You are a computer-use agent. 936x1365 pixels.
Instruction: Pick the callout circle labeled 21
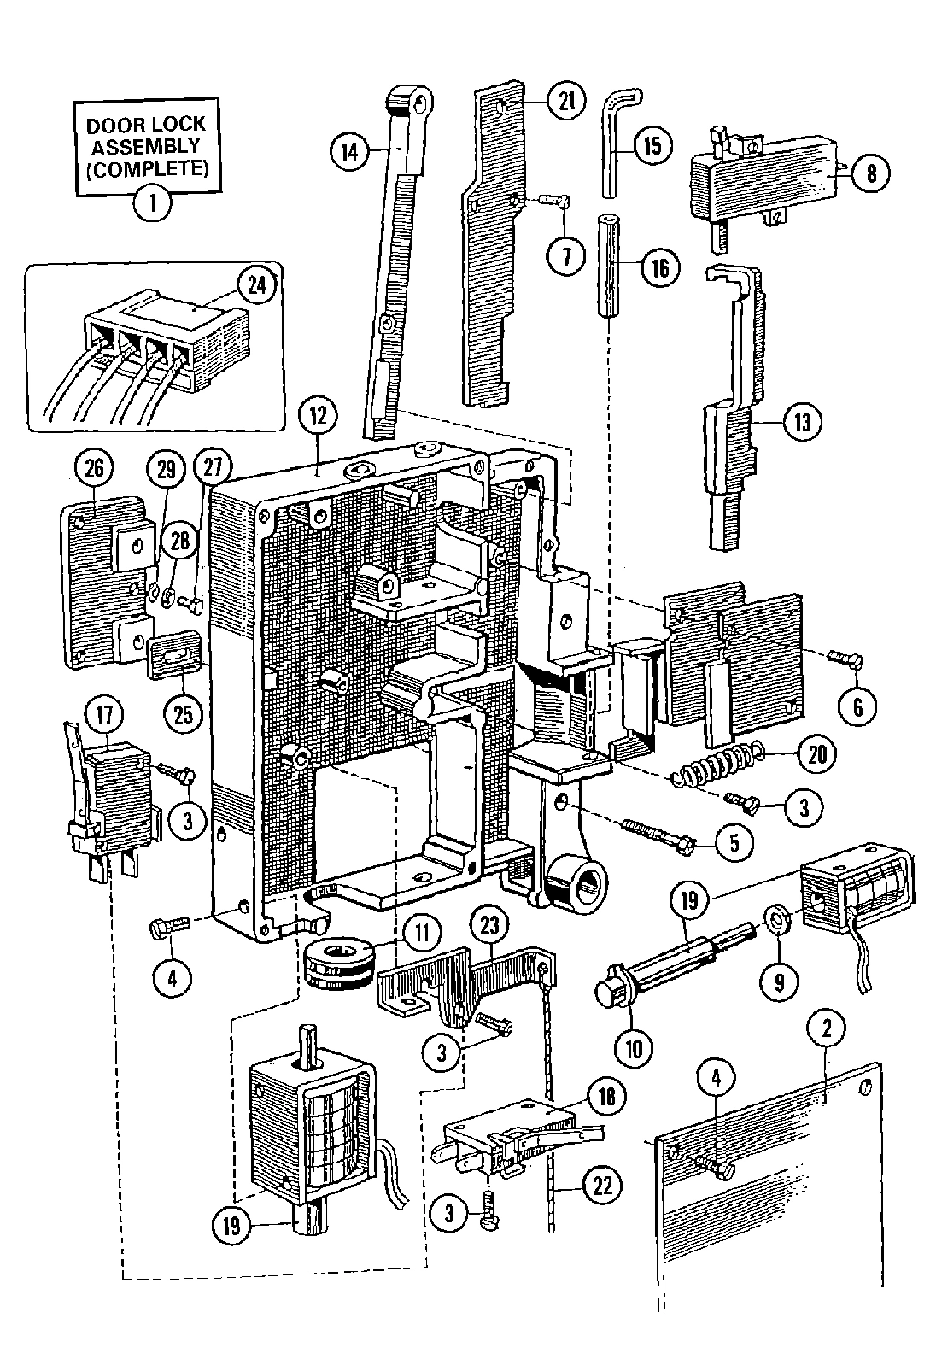click(x=565, y=102)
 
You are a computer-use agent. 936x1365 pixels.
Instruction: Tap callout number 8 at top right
click(x=870, y=174)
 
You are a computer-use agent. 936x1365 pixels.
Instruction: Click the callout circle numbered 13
click(x=802, y=422)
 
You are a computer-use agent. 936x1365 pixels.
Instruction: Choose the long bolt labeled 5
click(x=649, y=836)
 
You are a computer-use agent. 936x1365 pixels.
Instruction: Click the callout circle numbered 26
click(x=92, y=468)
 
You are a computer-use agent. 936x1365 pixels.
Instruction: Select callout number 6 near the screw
click(x=858, y=706)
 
